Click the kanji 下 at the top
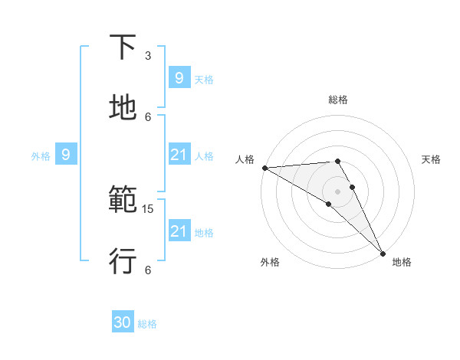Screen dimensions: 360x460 pyautogui.click(x=123, y=47)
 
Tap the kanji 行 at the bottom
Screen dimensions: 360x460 pyautogui.click(x=123, y=260)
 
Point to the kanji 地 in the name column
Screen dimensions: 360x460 pyautogui.click(x=123, y=108)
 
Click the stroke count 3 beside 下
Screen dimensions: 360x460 pyautogui.click(x=148, y=56)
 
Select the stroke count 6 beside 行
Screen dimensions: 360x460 pyautogui.click(x=148, y=270)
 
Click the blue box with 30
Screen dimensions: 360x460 pyautogui.click(x=123, y=322)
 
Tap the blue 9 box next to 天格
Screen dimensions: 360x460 pyautogui.click(x=179, y=77)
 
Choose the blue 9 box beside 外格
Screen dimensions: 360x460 pyautogui.click(x=66, y=155)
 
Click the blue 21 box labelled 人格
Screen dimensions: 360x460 pyautogui.click(x=179, y=155)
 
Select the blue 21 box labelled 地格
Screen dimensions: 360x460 pyautogui.click(x=179, y=231)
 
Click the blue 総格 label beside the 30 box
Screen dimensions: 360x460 pyautogui.click(x=147, y=324)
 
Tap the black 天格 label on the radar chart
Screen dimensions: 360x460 pyautogui.click(x=432, y=159)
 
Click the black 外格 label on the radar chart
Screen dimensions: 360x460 pyautogui.click(x=270, y=262)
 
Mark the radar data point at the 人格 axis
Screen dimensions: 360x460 pyautogui.click(x=264, y=168)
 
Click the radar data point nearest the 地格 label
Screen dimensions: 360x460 pyautogui.click(x=383, y=252)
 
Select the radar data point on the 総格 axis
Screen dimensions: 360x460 pyautogui.click(x=337, y=161)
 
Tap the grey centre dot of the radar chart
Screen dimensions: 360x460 pyautogui.click(x=337, y=191)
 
